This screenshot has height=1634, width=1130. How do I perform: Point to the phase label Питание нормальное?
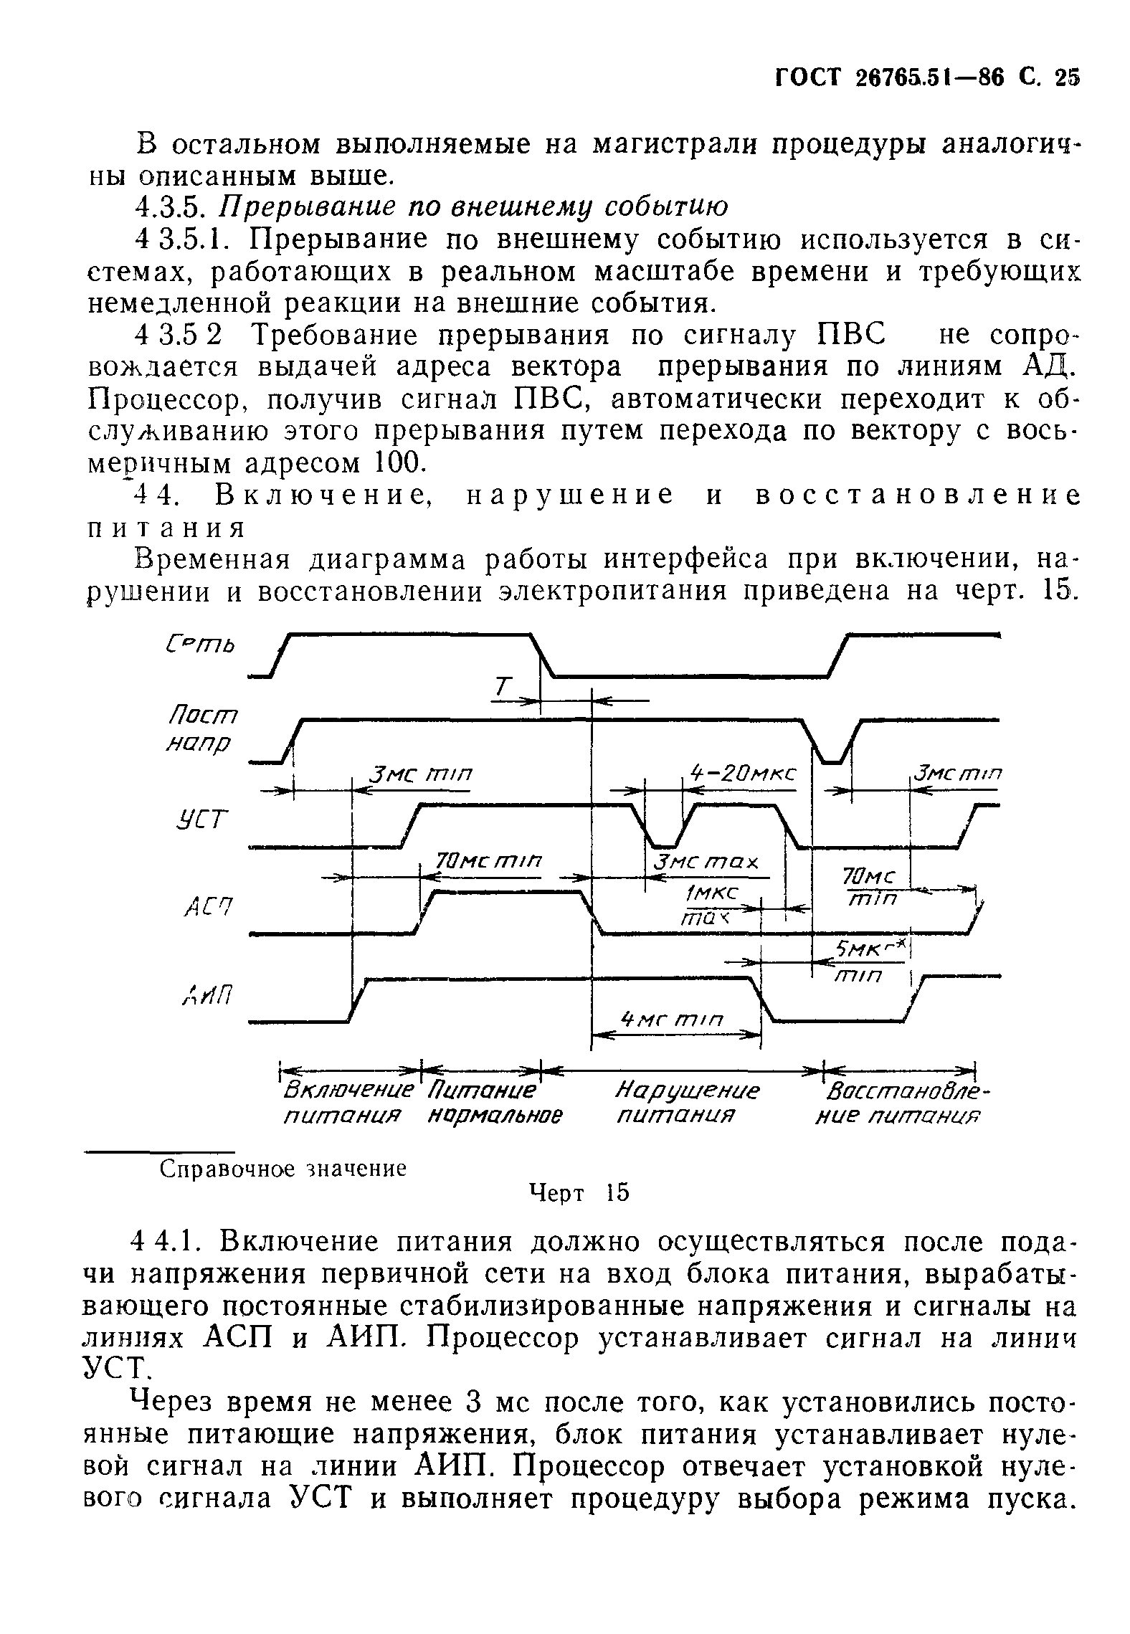click(x=492, y=1104)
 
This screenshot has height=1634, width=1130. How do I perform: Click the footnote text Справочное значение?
click(x=282, y=1169)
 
